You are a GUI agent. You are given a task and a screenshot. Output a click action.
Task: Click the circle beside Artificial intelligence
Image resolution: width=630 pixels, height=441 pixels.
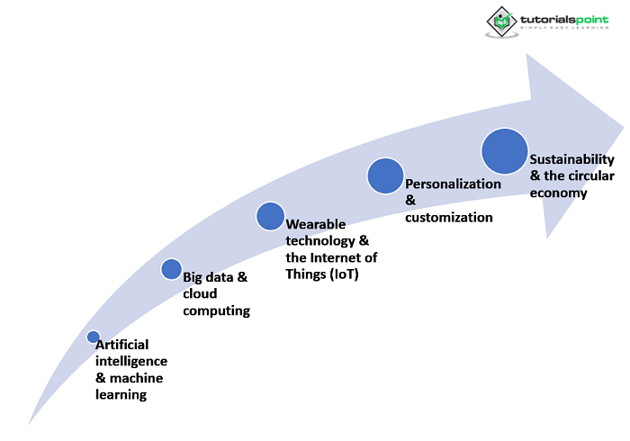point(93,337)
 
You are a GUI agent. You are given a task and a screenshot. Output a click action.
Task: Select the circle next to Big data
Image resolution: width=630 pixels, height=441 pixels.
point(171,268)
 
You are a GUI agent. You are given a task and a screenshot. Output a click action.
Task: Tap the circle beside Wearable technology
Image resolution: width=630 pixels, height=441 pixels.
point(270,216)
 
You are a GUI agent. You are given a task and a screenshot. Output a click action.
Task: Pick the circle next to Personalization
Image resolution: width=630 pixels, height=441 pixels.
point(384,175)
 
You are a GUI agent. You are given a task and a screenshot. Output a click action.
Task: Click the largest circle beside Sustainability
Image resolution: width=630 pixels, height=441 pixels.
point(503,150)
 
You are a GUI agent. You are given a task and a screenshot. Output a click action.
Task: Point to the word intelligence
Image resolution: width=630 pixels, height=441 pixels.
point(131,361)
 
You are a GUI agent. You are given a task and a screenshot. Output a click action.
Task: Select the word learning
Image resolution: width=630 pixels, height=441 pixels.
point(121,394)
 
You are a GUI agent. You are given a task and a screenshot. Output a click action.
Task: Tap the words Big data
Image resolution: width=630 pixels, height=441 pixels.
point(208,277)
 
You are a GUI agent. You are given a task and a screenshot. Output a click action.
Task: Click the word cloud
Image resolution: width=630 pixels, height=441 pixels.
point(200,293)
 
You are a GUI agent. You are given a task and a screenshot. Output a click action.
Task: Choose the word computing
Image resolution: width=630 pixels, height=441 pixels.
point(216,310)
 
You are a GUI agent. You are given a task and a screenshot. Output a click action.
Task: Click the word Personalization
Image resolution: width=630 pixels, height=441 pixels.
point(453,184)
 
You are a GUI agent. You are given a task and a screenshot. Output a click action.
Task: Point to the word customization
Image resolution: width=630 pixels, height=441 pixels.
point(449,217)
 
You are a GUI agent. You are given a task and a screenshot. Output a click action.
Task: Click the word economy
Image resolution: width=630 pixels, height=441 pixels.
point(558,192)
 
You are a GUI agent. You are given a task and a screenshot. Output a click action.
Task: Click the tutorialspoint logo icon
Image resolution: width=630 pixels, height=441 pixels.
point(501,21)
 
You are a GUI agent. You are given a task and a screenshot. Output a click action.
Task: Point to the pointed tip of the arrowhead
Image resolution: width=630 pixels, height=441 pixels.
point(623,126)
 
